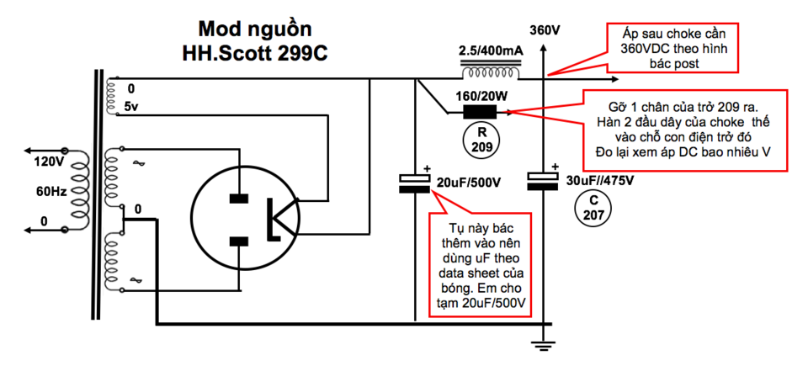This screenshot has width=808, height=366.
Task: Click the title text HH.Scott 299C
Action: coord(255,54)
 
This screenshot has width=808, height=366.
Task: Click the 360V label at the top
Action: coord(545,30)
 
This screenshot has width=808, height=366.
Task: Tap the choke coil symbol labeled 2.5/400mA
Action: coord(490,70)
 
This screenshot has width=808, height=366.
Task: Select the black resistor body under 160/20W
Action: coord(480,112)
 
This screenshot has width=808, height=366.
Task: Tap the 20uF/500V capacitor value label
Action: coord(469,183)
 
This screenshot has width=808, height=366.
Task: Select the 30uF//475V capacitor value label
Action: coord(598,182)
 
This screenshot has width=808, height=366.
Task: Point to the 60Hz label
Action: coord(49,192)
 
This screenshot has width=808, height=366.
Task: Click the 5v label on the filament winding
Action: coord(131,107)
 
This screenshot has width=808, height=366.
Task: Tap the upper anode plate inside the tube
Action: coord(237,198)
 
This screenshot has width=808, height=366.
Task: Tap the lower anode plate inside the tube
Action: coord(237,241)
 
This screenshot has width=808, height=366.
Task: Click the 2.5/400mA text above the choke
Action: coord(491,51)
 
